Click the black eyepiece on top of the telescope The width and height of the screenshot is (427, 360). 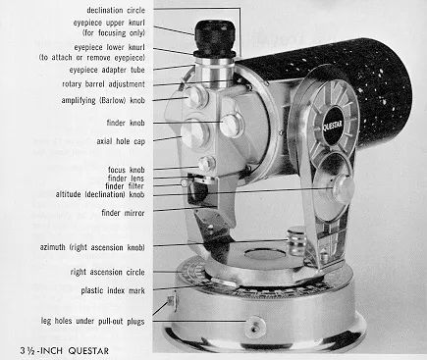214,37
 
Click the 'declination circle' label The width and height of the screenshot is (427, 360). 116,10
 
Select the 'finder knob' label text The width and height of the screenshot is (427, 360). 126,123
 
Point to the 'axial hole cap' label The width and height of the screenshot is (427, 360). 121,141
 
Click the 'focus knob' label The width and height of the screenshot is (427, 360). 126,170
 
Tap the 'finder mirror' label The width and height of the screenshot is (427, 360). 123,213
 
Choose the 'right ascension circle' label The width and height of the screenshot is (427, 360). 108,272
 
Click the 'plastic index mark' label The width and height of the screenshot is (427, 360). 113,290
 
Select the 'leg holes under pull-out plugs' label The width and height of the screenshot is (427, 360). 92,321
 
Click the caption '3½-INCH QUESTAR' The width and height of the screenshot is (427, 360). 64,351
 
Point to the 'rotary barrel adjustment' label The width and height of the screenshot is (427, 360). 103,84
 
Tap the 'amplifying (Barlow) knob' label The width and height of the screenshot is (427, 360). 103,100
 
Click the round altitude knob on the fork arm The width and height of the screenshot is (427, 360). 344,188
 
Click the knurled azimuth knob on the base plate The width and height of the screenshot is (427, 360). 296,242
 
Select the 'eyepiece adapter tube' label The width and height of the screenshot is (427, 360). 107,70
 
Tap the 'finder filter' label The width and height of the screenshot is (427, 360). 125,186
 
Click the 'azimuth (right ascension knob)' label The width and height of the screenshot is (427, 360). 92,247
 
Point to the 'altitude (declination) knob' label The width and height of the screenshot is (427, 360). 100,194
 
